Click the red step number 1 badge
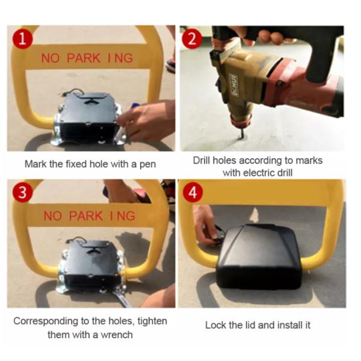click(23, 39)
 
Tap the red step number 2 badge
click(192, 39)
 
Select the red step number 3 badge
click(23, 192)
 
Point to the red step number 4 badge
click(193, 192)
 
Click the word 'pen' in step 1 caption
click(147, 165)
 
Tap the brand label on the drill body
click(234, 85)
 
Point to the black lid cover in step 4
click(260, 256)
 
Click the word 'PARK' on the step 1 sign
click(84, 58)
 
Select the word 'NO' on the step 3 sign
click(53, 216)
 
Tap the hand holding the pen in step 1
click(147, 120)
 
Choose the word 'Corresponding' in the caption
click(46, 321)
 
